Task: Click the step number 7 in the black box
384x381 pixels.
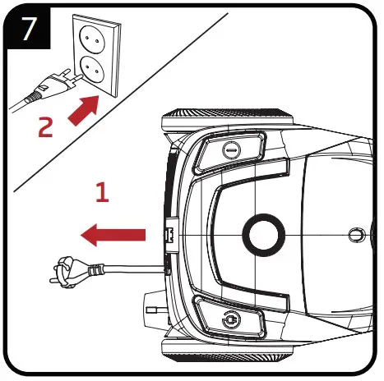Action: coord(29,28)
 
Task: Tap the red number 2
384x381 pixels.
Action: coord(45,126)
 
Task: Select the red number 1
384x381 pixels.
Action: coord(103,192)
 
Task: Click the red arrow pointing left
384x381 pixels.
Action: coord(113,235)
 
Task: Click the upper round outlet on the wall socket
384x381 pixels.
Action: coord(92,39)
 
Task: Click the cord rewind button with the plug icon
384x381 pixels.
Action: coord(231,319)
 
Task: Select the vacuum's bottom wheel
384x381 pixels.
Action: coord(227,351)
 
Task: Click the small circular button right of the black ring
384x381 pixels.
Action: coord(357,235)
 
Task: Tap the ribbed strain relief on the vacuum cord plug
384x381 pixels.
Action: coord(95,270)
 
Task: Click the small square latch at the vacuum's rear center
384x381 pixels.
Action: coord(169,235)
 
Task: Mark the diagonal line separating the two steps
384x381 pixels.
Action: coord(121,103)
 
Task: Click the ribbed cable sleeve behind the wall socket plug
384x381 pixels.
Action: coord(33,96)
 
